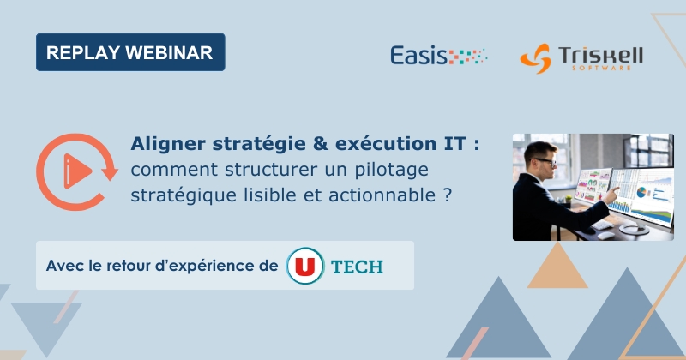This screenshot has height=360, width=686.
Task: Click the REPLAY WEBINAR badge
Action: (130, 52)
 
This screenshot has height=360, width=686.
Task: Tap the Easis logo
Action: (438, 57)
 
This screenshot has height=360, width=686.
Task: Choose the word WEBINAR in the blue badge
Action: (171, 52)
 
